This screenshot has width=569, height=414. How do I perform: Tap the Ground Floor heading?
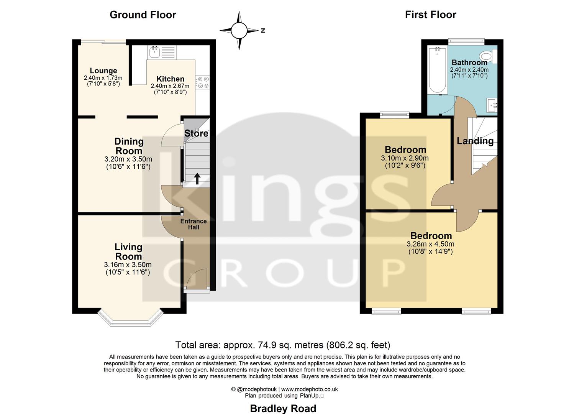tap(143, 15)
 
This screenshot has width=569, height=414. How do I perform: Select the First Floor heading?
tap(430, 15)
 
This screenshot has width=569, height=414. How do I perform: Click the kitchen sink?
tap(155, 52)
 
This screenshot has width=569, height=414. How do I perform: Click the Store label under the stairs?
tap(196, 133)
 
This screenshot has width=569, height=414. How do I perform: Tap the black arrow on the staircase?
tap(197, 179)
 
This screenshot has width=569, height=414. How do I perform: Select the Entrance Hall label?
tap(193, 224)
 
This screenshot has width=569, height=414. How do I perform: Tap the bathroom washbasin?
tap(492, 104)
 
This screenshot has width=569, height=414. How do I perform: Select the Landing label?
tap(475, 141)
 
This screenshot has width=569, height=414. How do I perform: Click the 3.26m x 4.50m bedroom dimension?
tap(431, 244)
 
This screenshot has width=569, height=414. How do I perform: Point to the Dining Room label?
tap(129, 146)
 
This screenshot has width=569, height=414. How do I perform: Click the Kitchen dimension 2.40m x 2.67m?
tap(170, 86)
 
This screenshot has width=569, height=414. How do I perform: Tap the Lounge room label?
tap(103, 71)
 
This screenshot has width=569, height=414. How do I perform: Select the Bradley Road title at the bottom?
tap(283, 408)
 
